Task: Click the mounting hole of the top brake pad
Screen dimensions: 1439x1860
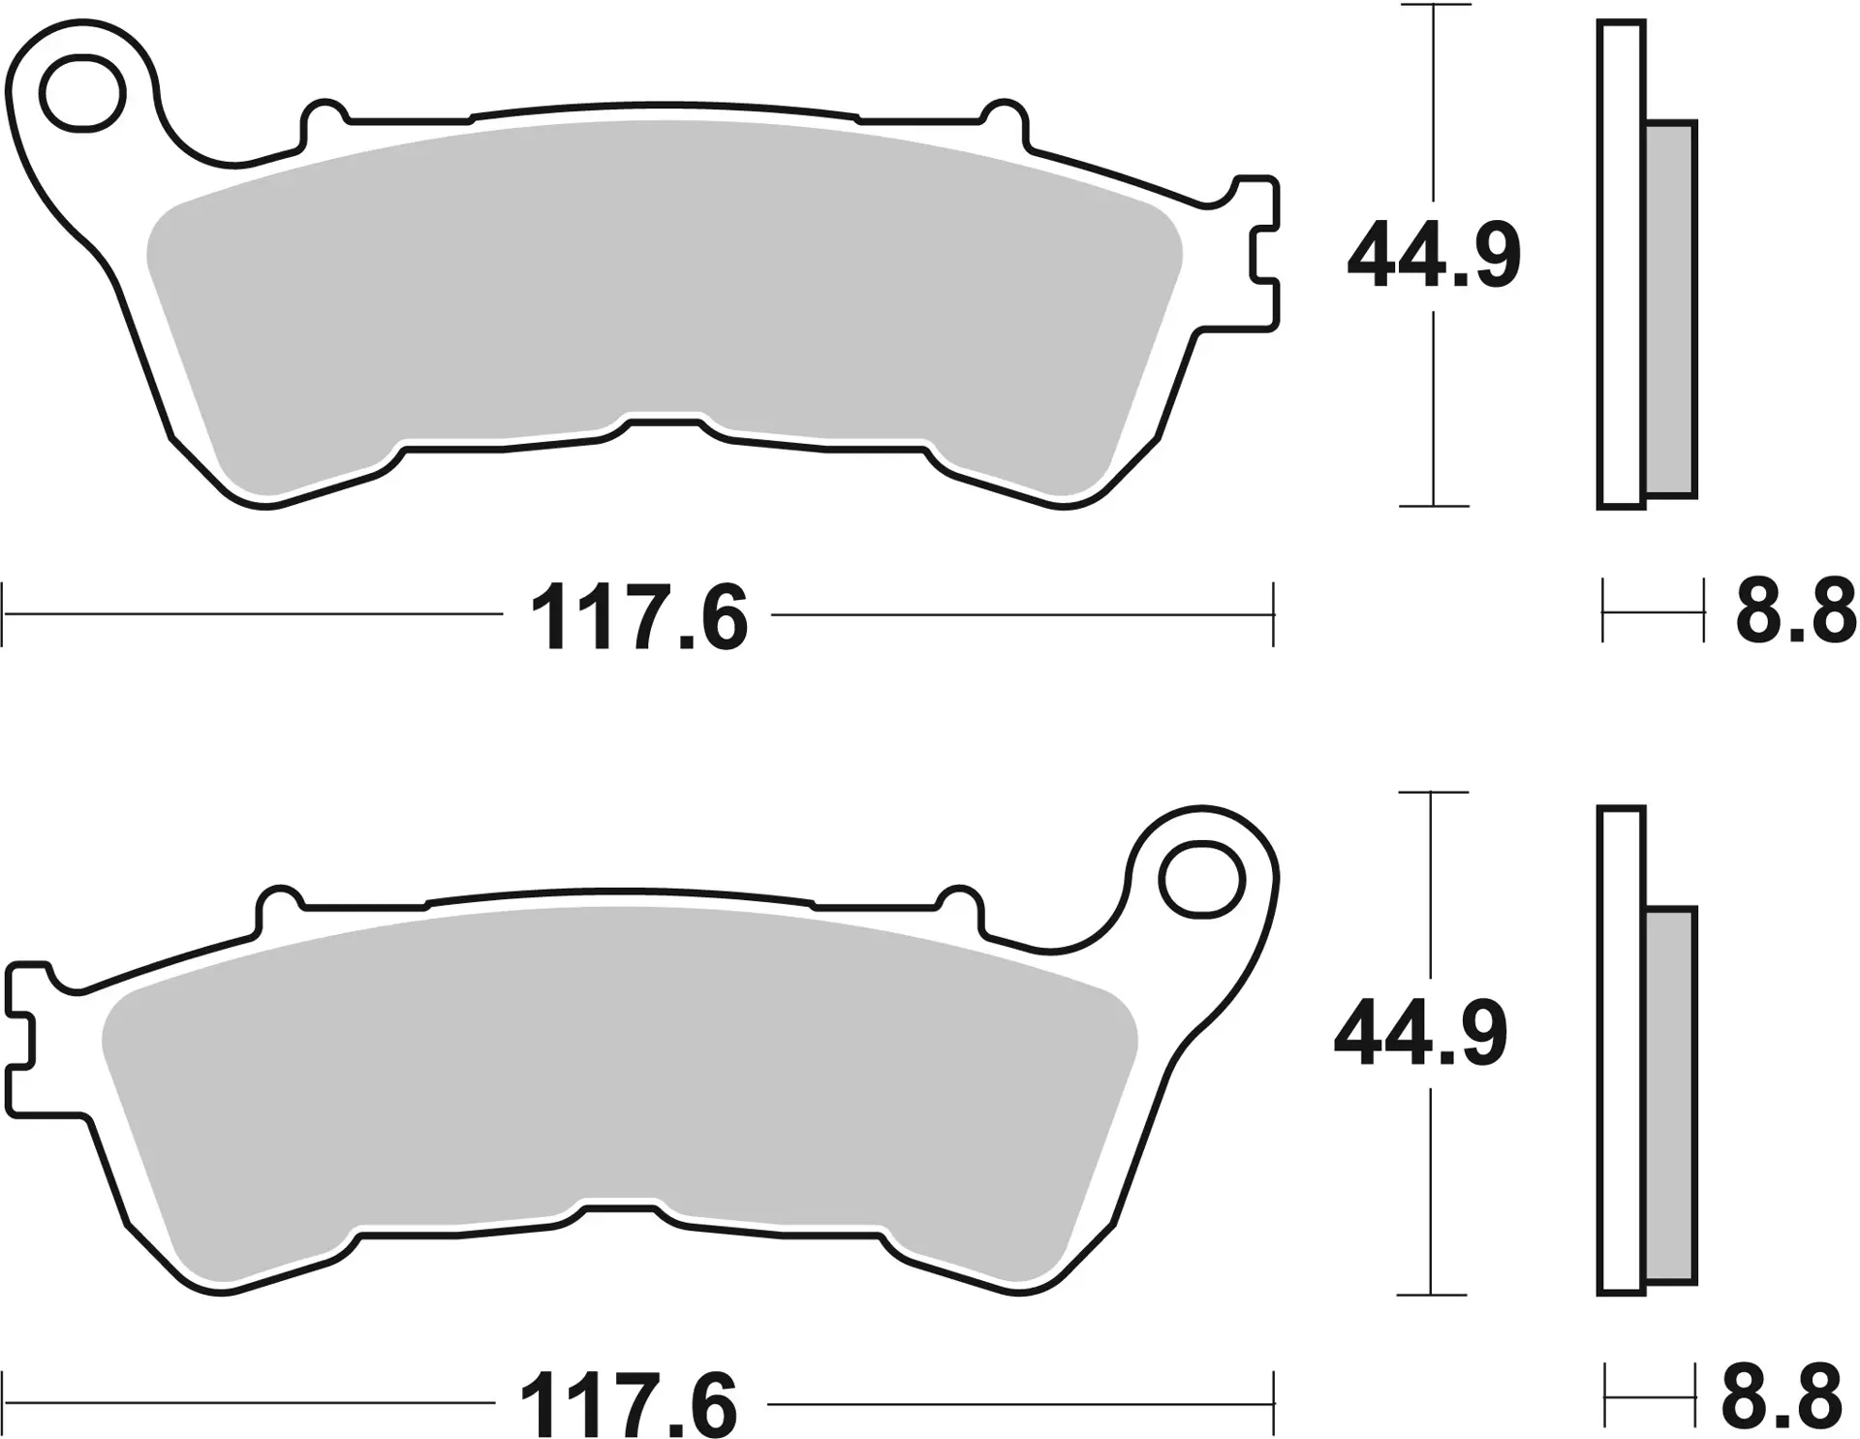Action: [x=82, y=95]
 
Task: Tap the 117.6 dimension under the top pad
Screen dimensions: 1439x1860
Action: [x=639, y=617]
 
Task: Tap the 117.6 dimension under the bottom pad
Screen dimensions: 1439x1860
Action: [x=630, y=1403]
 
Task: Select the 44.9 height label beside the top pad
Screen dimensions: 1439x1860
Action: [x=1433, y=257]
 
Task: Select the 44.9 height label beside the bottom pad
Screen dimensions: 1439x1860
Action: [x=1420, y=1036]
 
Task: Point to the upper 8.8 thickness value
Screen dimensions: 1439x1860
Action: [x=1794, y=612]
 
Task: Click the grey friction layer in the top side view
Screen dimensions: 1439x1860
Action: [x=1671, y=310]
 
